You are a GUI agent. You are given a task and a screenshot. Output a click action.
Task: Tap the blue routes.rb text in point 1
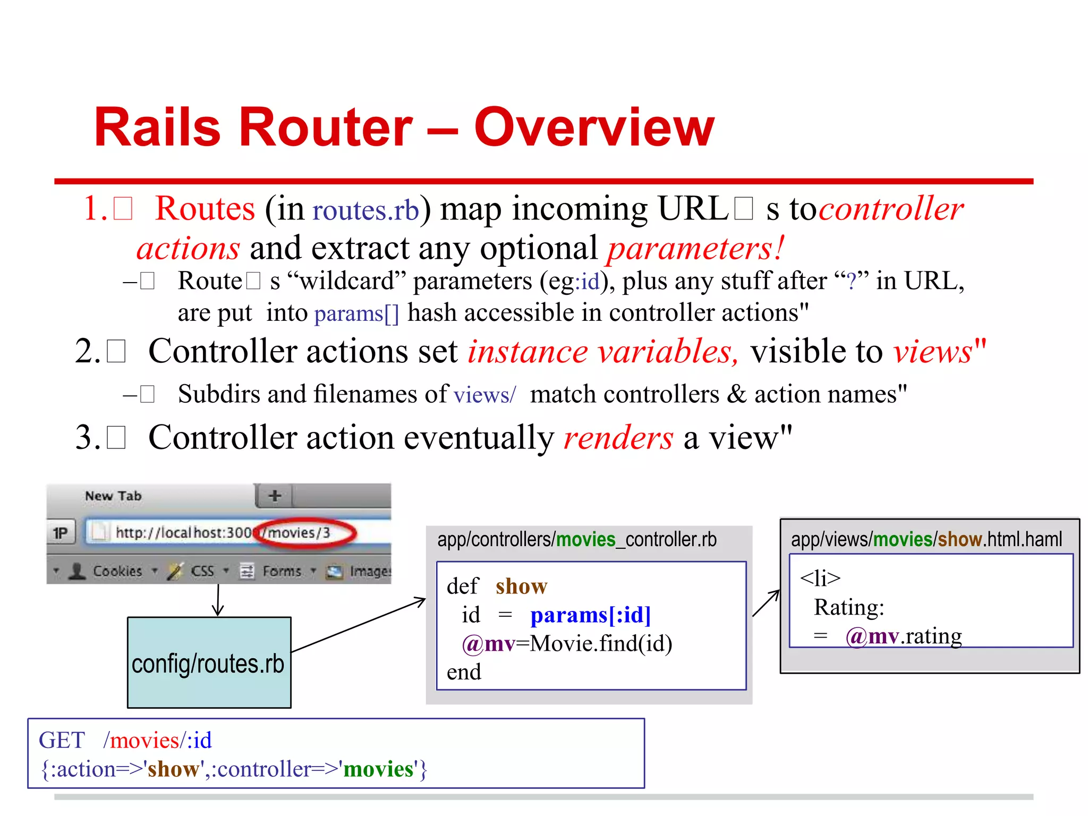click(365, 210)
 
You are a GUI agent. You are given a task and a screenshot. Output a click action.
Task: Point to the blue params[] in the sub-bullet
click(356, 313)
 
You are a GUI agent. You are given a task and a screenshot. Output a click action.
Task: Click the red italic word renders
click(618, 438)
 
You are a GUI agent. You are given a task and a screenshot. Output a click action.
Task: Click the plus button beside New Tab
click(275, 496)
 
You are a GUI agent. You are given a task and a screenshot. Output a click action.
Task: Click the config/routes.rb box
click(209, 662)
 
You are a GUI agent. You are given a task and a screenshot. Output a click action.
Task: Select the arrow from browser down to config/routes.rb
click(218, 600)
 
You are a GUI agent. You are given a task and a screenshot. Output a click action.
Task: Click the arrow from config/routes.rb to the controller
click(359, 625)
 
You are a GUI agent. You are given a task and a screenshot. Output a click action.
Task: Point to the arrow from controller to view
click(766, 603)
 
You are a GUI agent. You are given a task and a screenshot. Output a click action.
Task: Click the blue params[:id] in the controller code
click(590, 615)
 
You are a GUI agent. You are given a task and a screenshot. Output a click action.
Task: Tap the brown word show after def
click(521, 586)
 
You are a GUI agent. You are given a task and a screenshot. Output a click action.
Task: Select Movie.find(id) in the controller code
click(601, 644)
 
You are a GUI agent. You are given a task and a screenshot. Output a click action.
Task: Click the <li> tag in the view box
click(820, 578)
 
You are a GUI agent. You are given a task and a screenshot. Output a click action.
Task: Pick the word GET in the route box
click(62, 741)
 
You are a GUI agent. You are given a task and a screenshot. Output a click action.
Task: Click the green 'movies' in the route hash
click(378, 769)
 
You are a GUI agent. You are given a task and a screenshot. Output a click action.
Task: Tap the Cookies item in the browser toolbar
click(117, 571)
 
